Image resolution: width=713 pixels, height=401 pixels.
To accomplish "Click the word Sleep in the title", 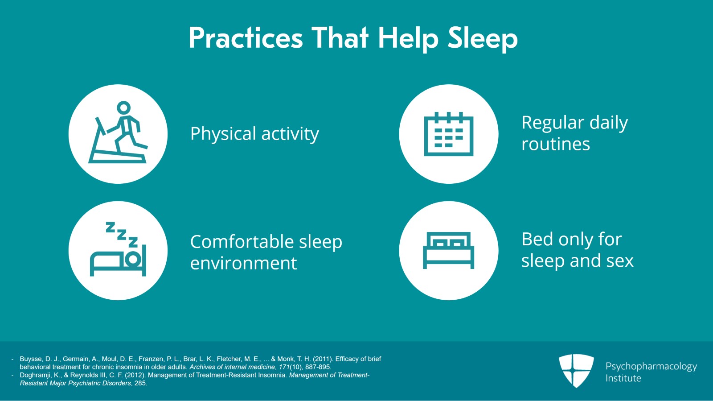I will point(483,38).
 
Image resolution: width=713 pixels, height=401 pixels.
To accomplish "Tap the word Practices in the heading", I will point(246,38).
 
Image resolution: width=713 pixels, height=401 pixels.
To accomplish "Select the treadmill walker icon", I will point(118,134).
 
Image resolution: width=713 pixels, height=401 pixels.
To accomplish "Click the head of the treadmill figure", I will point(123,107).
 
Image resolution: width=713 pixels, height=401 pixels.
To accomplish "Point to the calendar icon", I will point(449,134).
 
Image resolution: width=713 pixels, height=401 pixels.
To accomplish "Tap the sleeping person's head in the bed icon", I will point(132,259).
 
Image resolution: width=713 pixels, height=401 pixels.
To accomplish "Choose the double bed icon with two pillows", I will point(449,250).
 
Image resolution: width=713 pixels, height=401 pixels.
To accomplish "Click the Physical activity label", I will point(254,134).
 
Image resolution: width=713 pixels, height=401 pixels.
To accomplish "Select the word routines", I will point(556,145).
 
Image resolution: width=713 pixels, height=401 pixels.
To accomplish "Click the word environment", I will point(243,264).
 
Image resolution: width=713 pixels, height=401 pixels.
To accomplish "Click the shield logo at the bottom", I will point(576,371).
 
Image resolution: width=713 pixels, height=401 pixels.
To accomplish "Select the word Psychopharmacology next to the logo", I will point(651,367).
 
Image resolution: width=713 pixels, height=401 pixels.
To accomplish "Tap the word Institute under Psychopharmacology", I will point(623,378).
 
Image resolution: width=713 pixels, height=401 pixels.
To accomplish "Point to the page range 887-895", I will point(318,367).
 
